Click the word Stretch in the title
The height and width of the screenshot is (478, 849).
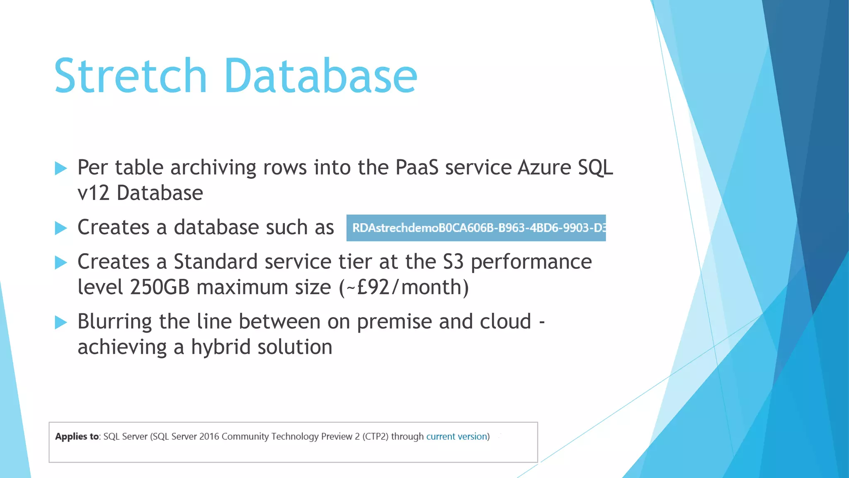[130, 76]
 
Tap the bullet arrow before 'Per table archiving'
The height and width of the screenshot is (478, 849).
[61, 168]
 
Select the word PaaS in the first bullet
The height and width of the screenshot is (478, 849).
[417, 168]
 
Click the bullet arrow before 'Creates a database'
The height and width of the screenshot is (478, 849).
[61, 228]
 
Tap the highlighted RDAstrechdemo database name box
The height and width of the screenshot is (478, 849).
[476, 228]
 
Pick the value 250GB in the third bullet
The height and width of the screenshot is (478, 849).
[160, 287]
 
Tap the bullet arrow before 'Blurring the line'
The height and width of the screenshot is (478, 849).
[61, 322]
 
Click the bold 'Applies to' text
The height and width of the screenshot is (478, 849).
[77, 437]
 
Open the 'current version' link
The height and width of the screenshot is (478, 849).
[456, 437]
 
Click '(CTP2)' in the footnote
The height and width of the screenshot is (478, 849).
[376, 437]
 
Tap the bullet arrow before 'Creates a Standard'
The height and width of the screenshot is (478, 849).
[61, 262]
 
